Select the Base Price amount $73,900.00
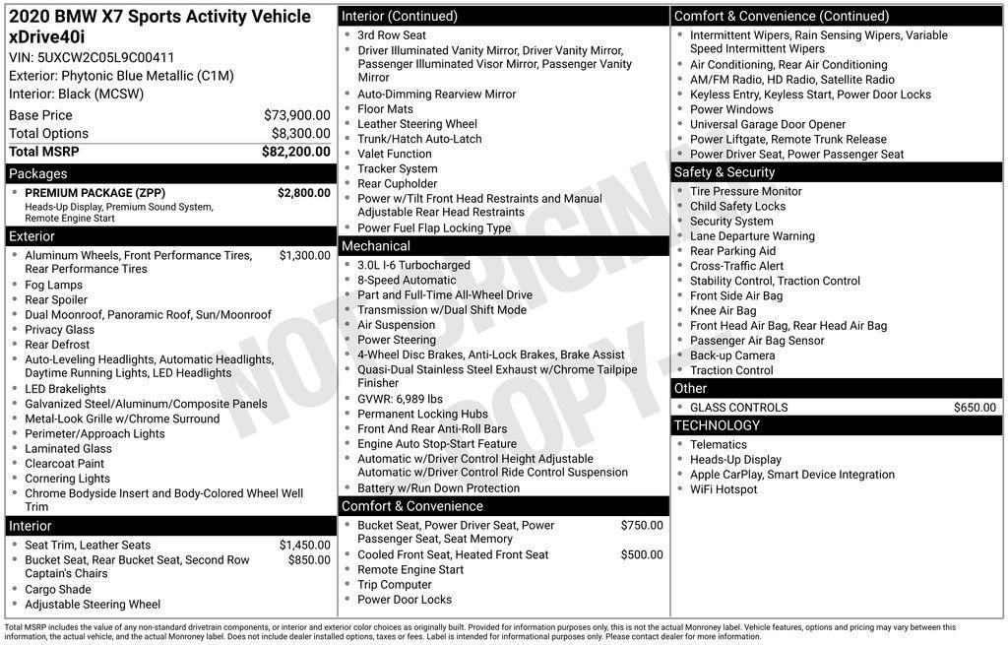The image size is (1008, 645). (x=296, y=115)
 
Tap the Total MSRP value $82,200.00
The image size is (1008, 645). (x=295, y=152)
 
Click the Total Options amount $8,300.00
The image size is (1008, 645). (x=300, y=134)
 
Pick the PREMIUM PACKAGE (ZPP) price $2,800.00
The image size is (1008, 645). (x=303, y=193)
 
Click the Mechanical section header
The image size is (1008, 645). (x=375, y=246)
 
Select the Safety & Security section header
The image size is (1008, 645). (x=724, y=172)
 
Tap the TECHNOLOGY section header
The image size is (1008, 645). (x=717, y=425)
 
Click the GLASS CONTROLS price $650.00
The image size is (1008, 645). (x=975, y=408)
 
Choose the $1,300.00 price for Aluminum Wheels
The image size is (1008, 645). (x=304, y=256)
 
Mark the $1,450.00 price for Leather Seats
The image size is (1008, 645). (x=304, y=546)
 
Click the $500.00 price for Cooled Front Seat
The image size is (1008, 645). (x=641, y=555)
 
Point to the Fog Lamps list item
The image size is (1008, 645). (x=54, y=286)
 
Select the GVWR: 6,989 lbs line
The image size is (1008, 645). (x=400, y=400)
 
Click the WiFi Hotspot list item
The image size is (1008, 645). (x=724, y=489)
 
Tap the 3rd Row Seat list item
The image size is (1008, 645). (x=392, y=35)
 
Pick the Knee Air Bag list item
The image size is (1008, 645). (x=724, y=311)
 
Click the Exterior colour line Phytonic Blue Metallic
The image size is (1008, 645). (x=121, y=76)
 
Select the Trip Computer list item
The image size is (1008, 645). (x=395, y=585)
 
